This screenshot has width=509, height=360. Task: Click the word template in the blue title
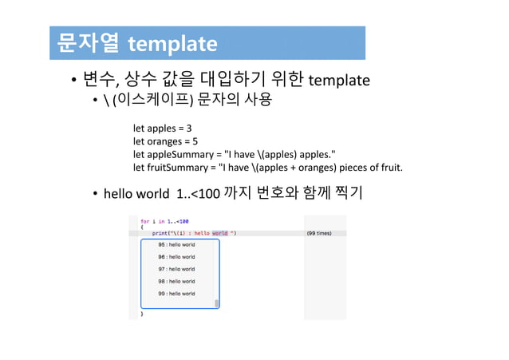tap(172, 43)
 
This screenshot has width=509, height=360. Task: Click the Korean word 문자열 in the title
tap(85, 43)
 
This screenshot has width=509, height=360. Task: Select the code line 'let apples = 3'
tap(162, 128)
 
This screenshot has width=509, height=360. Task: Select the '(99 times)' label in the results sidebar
tap(319, 233)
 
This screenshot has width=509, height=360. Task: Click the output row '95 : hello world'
tap(176, 244)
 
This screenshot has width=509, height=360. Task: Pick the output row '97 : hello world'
tap(176, 269)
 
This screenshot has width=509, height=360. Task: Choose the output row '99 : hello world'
tap(176, 294)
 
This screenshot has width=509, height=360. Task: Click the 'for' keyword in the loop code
tap(144, 220)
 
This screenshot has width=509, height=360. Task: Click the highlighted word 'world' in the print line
tap(219, 233)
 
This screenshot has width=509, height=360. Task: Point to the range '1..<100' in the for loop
tap(179, 220)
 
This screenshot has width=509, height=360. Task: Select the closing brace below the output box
tap(143, 315)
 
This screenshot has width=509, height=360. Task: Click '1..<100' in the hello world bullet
tap(193, 194)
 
